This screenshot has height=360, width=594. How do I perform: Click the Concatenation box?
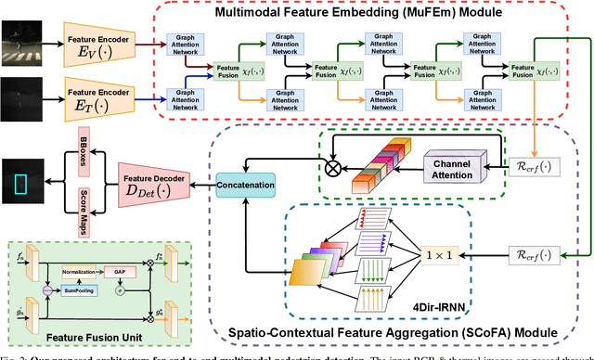pos(245,184)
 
